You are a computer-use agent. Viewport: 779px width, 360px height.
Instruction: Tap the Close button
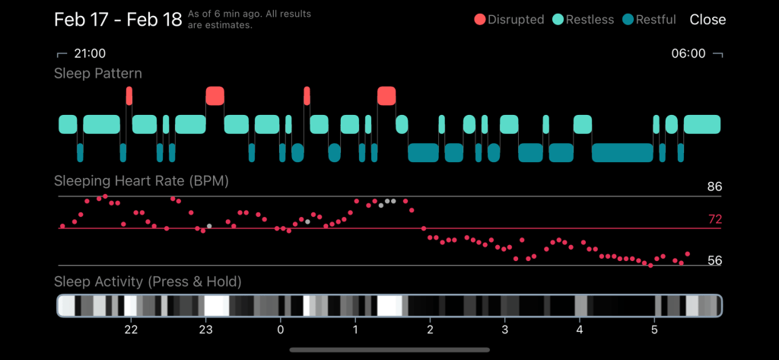point(707,20)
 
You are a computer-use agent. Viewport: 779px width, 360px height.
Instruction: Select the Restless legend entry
point(583,20)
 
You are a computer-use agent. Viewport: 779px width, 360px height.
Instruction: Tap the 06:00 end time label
point(688,54)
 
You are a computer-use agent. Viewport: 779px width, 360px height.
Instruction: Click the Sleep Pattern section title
point(98,74)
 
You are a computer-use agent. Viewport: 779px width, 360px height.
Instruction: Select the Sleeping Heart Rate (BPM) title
point(141,181)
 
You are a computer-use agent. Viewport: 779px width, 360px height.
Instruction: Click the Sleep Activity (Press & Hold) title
point(148,282)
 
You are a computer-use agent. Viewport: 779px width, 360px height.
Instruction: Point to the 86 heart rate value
point(714,186)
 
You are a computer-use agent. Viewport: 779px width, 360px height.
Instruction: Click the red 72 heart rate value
point(714,219)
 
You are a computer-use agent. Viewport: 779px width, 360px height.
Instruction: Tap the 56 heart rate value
point(714,260)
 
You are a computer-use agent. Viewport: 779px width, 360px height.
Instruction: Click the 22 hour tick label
point(131,330)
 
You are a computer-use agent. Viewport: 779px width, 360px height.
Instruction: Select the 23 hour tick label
point(205,330)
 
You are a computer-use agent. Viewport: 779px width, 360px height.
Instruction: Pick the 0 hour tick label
point(281,330)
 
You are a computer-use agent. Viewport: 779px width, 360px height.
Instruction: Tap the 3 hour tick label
point(504,330)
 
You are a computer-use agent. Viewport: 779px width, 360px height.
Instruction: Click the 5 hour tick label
point(654,330)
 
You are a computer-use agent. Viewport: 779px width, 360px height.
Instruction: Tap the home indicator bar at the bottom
point(389,350)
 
